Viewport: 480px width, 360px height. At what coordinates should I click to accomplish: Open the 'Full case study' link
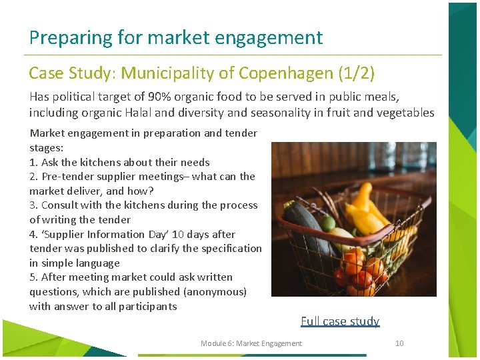[x=340, y=321]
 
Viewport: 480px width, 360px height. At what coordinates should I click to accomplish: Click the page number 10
[x=399, y=343]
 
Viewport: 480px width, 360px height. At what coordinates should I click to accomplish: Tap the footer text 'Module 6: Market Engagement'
[x=251, y=343]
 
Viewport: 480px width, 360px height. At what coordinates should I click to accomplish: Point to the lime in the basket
[x=329, y=223]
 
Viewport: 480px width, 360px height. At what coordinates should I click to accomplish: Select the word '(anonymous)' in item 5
[x=214, y=292]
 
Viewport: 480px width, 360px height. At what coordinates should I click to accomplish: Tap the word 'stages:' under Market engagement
[x=47, y=147]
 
